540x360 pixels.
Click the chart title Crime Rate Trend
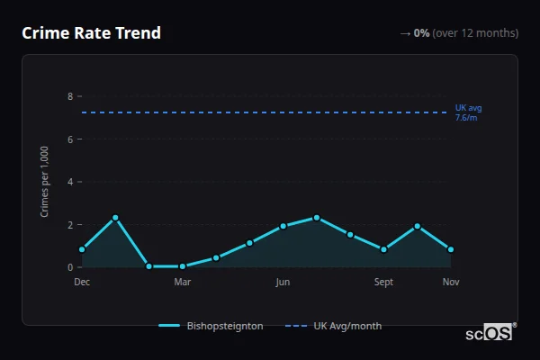[91, 33]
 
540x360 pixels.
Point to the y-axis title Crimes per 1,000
[45, 181]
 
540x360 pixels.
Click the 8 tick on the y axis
[70, 96]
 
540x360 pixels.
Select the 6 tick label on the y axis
[70, 139]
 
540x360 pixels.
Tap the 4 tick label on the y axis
[70, 182]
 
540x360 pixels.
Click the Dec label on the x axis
[82, 282]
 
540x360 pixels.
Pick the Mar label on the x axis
[183, 282]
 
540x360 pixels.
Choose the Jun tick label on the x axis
[283, 282]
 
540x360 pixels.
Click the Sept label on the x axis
[383, 282]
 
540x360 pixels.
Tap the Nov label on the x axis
[451, 282]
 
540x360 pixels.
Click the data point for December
[82, 249]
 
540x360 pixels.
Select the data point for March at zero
[183, 266]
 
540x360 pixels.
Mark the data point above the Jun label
[283, 226]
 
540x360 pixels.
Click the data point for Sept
[383, 249]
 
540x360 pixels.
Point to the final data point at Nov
[451, 249]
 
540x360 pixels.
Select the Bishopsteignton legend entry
[212, 326]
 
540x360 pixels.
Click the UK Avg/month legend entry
[334, 326]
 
